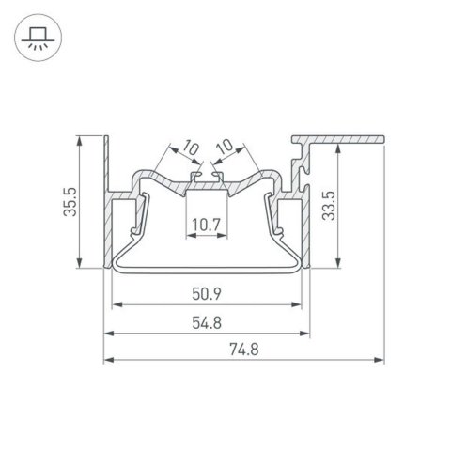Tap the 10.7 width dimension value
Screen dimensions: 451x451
[207, 225]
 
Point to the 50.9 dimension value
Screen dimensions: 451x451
[208, 294]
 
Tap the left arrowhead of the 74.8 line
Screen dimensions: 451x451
[106, 360]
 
